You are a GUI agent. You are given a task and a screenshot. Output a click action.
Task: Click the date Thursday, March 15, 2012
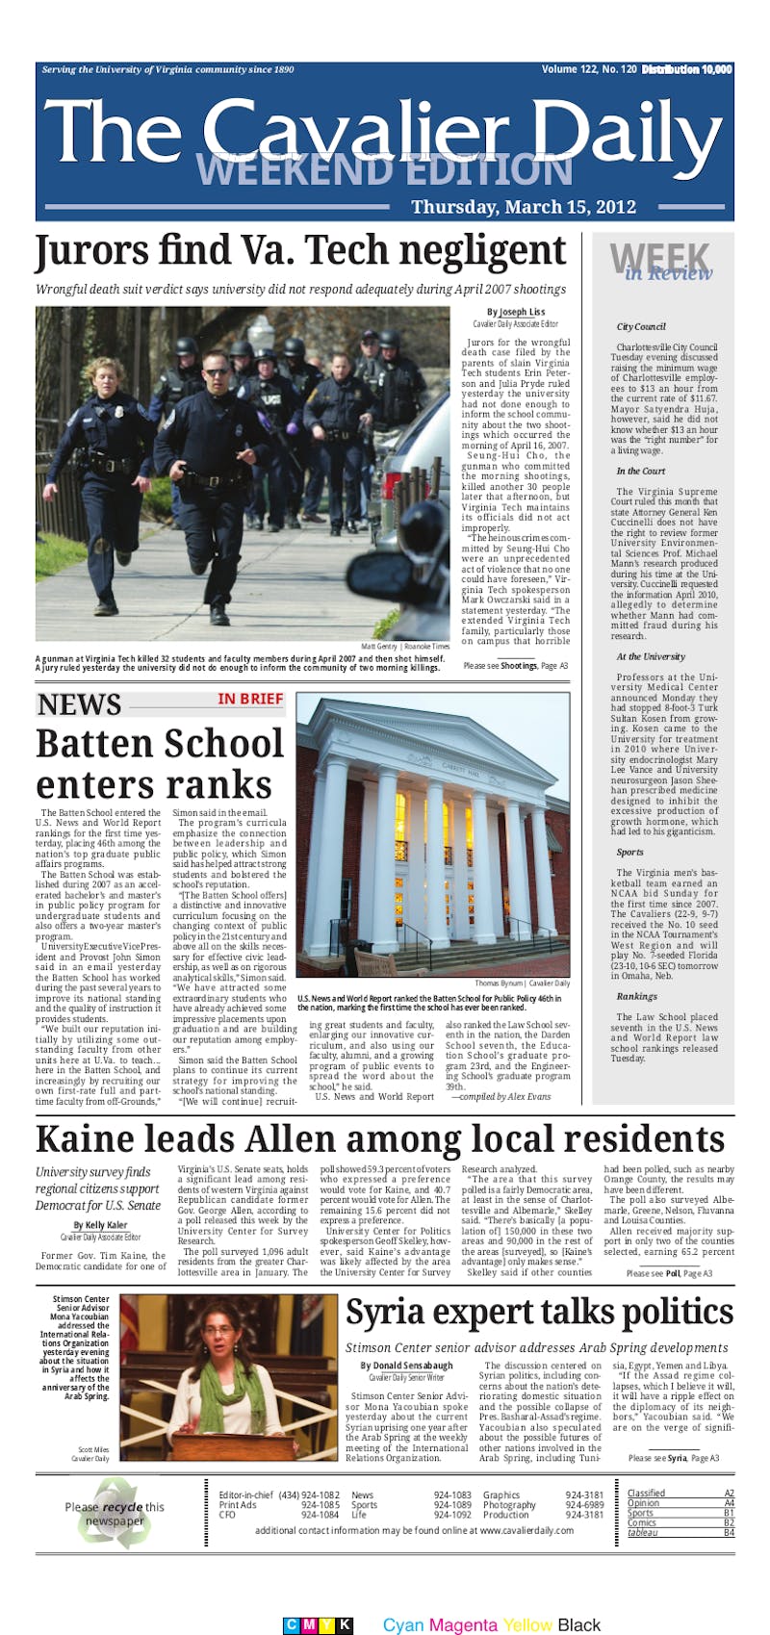click(x=524, y=207)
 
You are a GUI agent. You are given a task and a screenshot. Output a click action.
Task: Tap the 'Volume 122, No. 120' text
click(x=588, y=69)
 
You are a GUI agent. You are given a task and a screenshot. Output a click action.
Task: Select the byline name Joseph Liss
click(x=521, y=312)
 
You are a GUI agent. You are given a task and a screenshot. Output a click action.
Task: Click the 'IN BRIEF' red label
click(x=250, y=699)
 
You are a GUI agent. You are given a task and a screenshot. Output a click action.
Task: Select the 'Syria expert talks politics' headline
click(x=539, y=1313)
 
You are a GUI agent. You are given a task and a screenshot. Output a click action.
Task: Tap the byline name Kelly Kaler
click(x=100, y=1225)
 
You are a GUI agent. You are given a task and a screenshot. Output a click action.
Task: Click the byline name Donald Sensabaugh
click(x=412, y=1366)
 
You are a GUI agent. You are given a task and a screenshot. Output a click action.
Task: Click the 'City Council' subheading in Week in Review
click(x=641, y=327)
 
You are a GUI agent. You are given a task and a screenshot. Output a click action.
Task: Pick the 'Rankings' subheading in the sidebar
click(x=636, y=996)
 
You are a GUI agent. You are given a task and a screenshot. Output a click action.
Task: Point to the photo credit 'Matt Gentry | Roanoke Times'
click(x=404, y=647)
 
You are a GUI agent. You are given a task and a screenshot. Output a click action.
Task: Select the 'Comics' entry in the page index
click(x=642, y=1523)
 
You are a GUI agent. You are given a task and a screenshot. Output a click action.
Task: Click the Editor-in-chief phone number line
click(x=278, y=1494)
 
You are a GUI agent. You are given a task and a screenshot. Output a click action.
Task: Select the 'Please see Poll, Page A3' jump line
click(x=669, y=1273)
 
